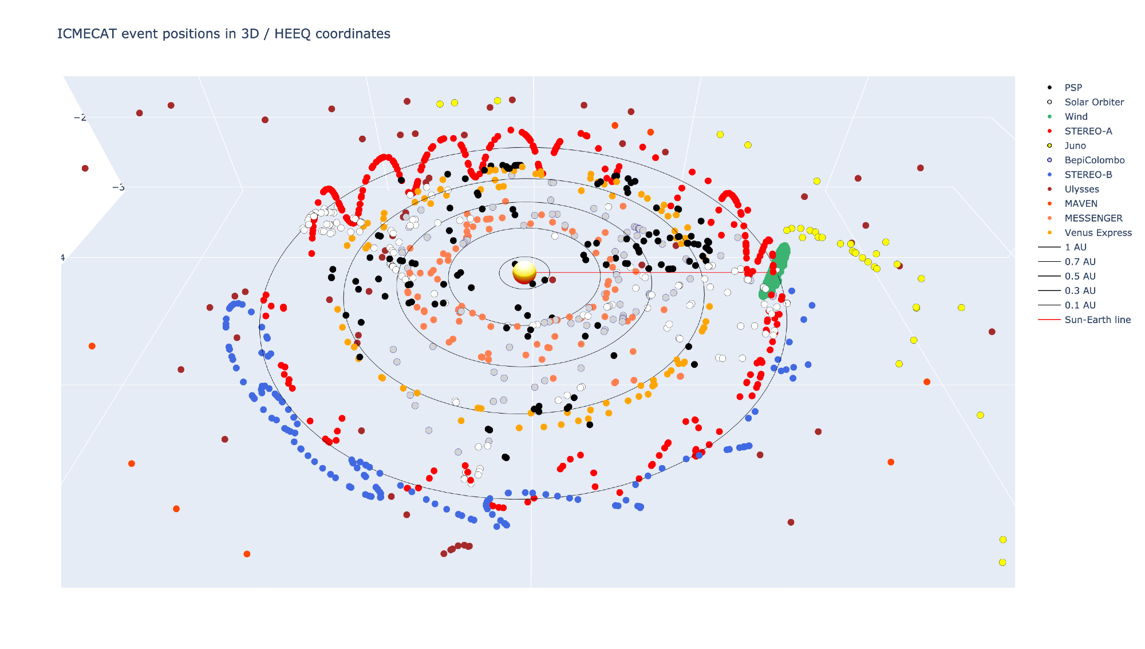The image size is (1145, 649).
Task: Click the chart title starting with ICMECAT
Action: pyautogui.click(x=224, y=34)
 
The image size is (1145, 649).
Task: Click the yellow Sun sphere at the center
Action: pyautogui.click(x=524, y=272)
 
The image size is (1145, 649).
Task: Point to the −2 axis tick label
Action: pyautogui.click(x=80, y=117)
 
